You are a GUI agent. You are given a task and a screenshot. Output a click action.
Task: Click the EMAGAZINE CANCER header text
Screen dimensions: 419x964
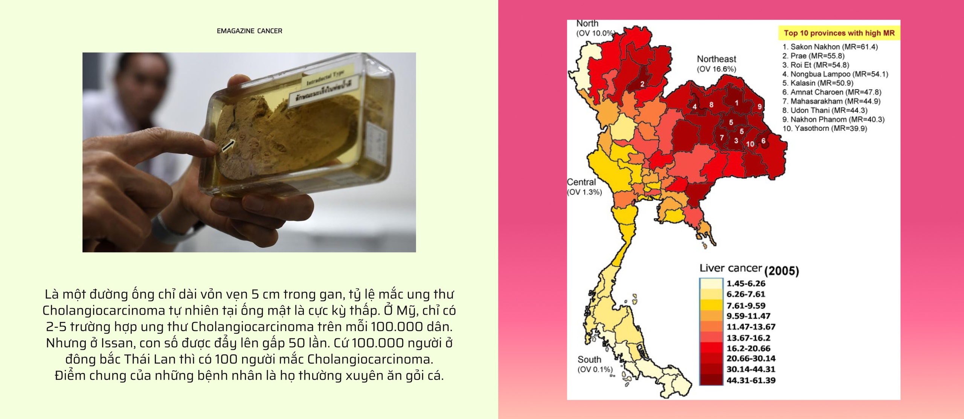[249, 31]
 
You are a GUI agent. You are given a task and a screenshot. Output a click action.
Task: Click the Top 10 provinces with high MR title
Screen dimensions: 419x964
[839, 33]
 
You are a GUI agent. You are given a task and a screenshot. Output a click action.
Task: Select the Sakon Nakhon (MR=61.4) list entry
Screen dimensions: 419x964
[830, 47]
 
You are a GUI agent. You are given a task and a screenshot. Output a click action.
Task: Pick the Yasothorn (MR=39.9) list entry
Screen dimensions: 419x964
[825, 128]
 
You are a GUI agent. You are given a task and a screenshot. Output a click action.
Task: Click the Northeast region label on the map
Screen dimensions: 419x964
[716, 59]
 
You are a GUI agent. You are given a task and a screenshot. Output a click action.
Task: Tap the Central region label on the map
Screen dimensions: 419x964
[581, 182]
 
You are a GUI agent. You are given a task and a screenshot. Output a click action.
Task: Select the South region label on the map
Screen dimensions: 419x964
[589, 359]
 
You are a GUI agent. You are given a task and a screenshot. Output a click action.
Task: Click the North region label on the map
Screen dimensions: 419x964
[587, 23]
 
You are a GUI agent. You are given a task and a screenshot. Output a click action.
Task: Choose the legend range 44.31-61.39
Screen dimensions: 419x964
[751, 381]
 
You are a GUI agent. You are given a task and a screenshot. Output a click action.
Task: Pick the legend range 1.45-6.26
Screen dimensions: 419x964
[746, 284]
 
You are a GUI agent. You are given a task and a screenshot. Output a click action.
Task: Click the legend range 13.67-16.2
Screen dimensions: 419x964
[748, 338]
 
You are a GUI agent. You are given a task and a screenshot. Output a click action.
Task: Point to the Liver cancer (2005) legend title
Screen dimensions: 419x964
[749, 269]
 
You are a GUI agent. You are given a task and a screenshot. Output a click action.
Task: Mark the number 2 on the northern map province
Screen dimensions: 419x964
[642, 84]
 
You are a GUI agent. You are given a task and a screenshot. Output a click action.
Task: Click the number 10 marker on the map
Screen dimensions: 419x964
[750, 144]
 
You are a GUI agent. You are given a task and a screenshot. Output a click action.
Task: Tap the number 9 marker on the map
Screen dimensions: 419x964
[760, 107]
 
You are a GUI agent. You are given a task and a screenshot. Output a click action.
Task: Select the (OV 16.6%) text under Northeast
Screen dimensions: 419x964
[716, 69]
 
